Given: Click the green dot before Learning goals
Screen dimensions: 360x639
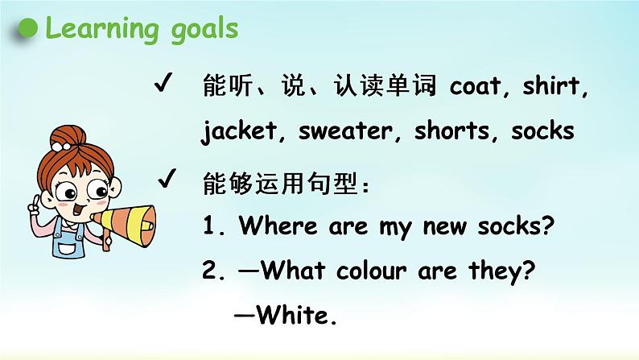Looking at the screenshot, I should [x=29, y=30].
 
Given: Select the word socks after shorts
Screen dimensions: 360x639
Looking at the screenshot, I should [x=542, y=131].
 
